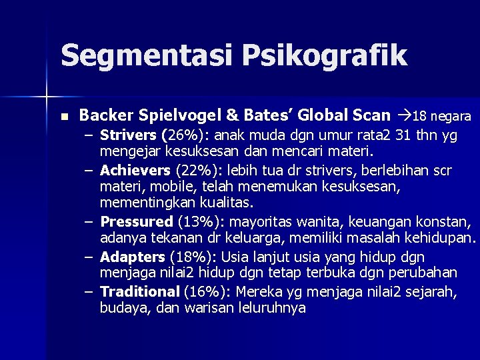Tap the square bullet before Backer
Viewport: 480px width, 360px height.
point(64,117)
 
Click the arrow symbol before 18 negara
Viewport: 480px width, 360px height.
point(403,116)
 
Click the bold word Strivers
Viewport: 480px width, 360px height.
point(125,135)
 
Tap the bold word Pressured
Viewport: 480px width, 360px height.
point(137,221)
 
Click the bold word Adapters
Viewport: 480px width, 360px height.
point(132,257)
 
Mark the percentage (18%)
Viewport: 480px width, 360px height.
point(190,257)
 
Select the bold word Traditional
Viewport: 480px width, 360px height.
point(139,292)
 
